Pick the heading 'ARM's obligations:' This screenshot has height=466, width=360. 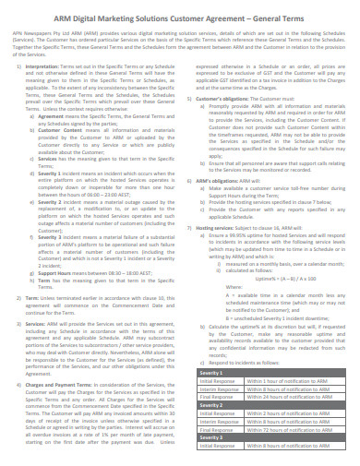pos(217,208)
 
